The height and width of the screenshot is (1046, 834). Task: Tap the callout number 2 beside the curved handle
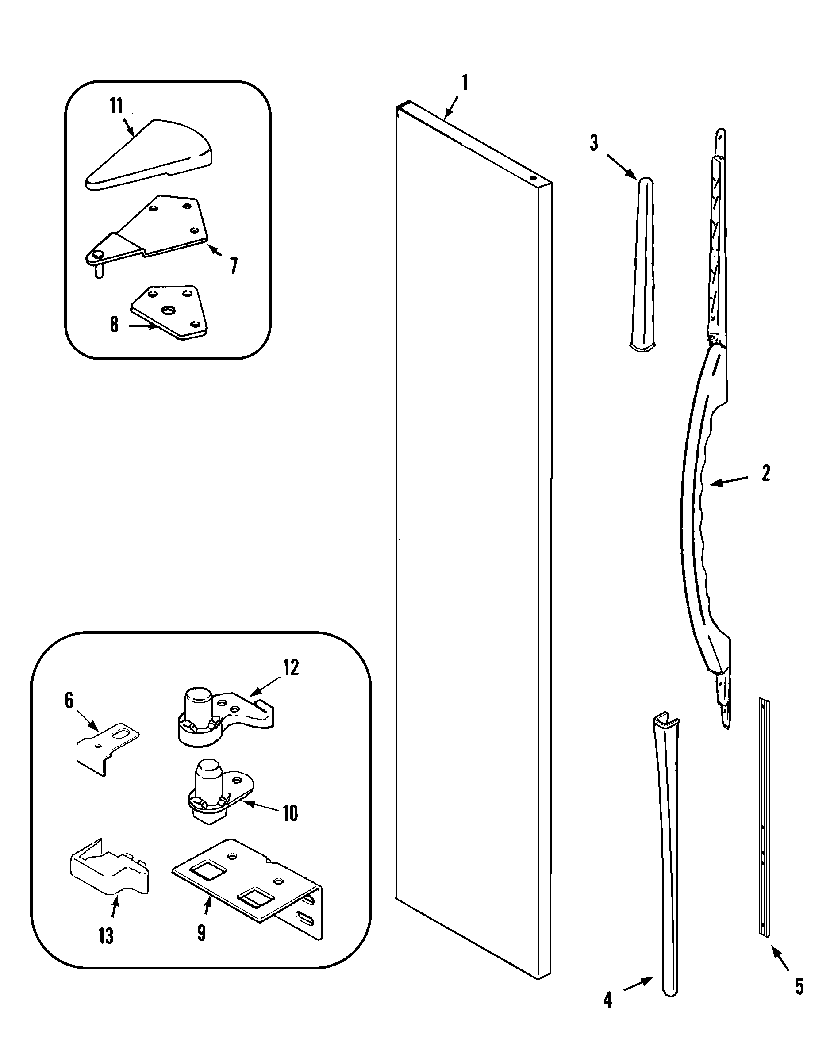coord(765,473)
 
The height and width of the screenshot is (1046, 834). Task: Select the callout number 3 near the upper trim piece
coord(594,143)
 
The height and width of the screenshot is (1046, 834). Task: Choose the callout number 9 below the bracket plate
coord(201,932)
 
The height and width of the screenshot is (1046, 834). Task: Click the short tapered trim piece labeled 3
coord(643,264)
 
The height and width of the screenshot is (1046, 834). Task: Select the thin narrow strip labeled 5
coord(764,820)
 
